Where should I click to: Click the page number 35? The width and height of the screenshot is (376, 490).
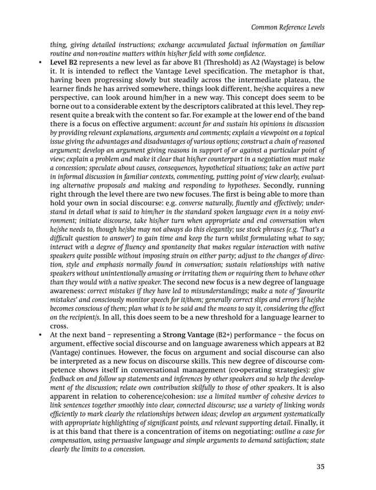pyautogui.click(x=320, y=467)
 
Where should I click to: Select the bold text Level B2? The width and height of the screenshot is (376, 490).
pyautogui.click(x=67, y=60)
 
